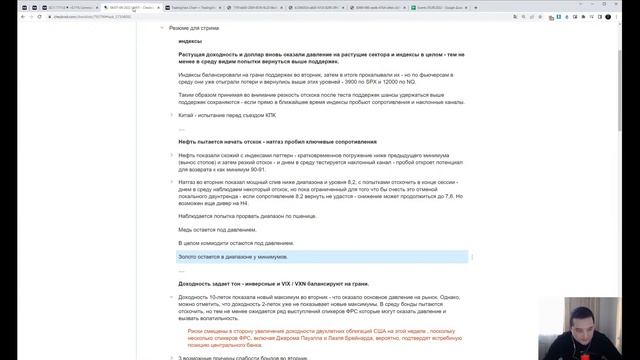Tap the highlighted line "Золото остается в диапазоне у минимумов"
[245, 257]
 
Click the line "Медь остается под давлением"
[217, 229]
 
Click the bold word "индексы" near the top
[192, 42]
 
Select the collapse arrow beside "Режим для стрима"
[161, 28]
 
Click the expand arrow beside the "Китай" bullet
[171, 114]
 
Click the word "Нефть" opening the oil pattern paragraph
[188, 156]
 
